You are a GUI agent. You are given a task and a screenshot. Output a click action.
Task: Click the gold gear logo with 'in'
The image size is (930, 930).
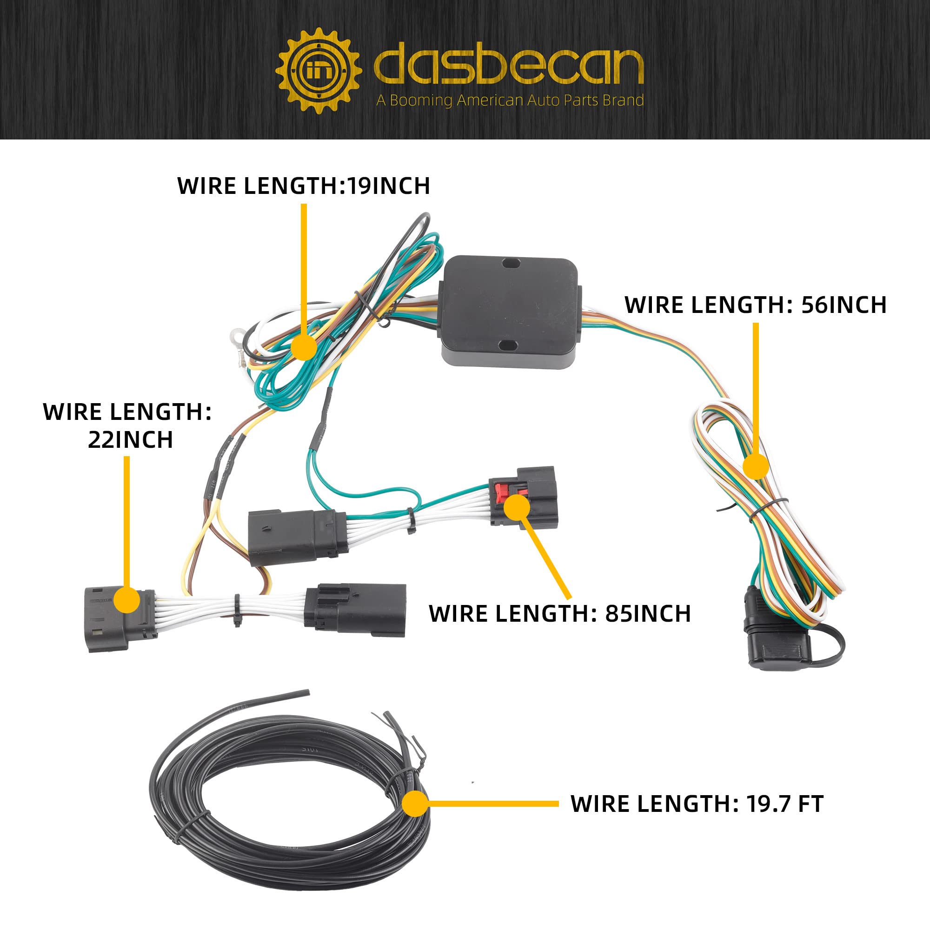point(319,71)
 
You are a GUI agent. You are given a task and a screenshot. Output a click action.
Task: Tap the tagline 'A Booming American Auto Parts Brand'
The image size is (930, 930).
point(510,100)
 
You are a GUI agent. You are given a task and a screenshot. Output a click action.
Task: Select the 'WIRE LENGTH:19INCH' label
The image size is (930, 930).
point(304,186)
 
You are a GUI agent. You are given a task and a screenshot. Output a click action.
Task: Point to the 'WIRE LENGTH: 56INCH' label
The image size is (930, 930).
point(755,305)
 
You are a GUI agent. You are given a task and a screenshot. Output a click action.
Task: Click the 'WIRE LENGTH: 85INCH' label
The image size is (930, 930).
point(560,614)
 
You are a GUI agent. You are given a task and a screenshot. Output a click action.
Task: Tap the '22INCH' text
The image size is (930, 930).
point(130,439)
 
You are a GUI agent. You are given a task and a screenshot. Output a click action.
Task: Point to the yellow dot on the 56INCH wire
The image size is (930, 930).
point(756,467)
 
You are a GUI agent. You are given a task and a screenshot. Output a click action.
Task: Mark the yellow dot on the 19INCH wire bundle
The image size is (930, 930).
point(304,347)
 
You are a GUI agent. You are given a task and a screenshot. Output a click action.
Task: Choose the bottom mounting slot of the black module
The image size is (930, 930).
point(507,345)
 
